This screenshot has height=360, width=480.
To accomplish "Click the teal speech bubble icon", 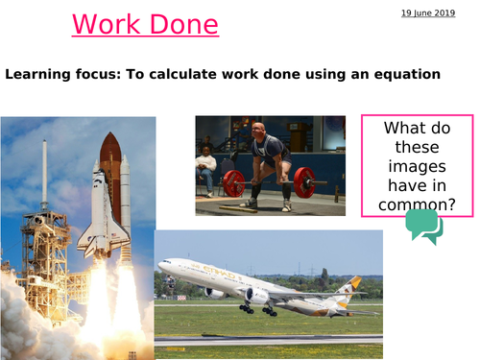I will pos(423,226).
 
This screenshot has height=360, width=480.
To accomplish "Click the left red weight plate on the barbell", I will pos(233,182).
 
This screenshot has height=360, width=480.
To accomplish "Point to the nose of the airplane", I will pos(160,268).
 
